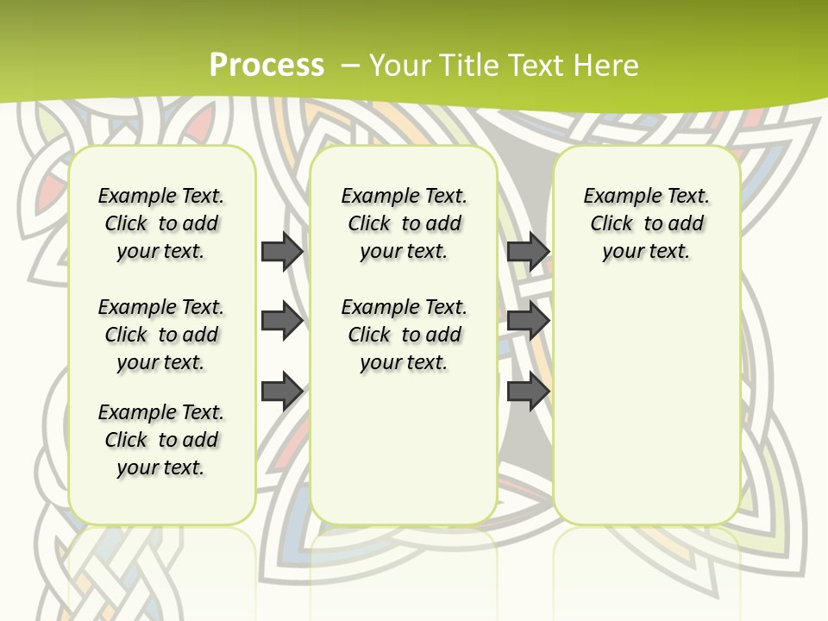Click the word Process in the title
[267, 65]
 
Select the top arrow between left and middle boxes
[282, 251]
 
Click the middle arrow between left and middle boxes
[282, 322]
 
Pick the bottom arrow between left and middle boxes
[282, 392]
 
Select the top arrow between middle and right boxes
[528, 251]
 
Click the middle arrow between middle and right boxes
[528, 322]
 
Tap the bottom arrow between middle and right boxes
[528, 392]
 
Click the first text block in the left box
[161, 223]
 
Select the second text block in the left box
[161, 335]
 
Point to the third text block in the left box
[161, 440]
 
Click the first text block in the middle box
[404, 223]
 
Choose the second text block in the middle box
[404, 335]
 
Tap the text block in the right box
[646, 223]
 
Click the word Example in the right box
[618, 197]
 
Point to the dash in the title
[350, 66]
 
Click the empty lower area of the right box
[646, 405]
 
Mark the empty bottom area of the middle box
[404, 457]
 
